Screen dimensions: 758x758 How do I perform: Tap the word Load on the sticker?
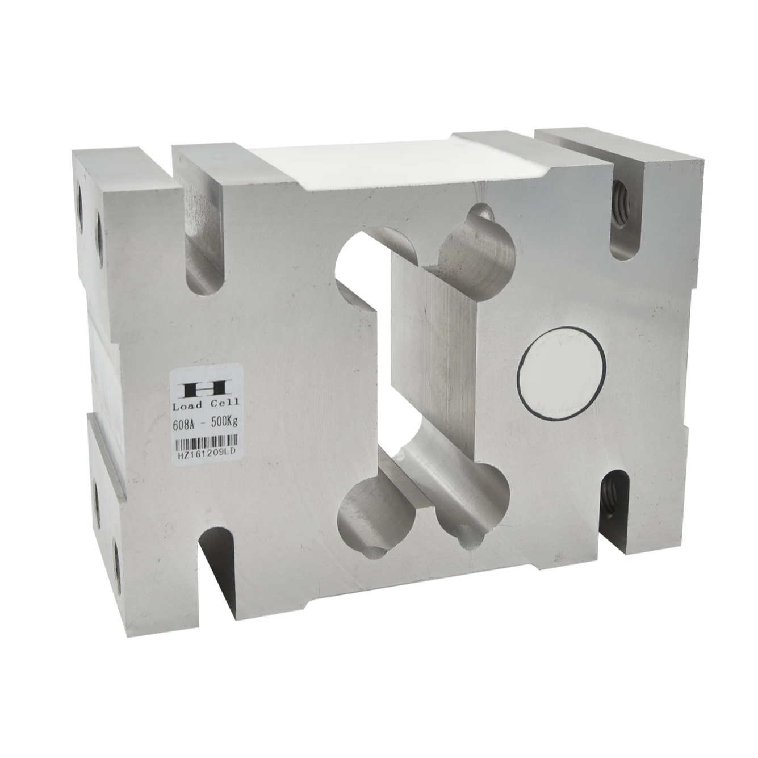pos(187,405)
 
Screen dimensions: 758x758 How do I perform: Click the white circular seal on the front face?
pos(563,372)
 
